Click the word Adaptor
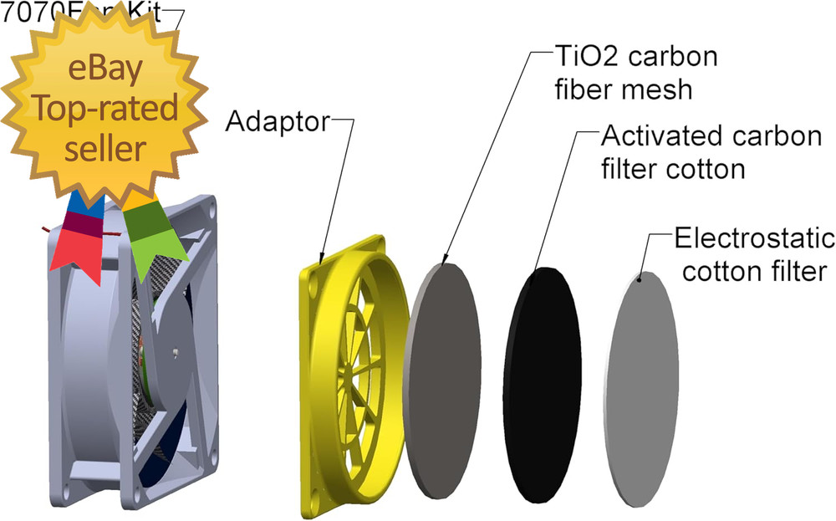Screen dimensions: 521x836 pyautogui.click(x=278, y=123)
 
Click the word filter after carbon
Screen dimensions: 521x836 pyautogui.click(x=628, y=168)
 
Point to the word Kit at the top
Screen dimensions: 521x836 pyautogui.click(x=150, y=12)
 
